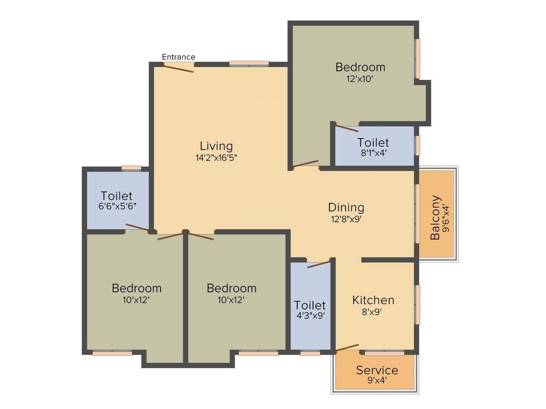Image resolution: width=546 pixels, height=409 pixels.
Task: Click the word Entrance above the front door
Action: (179, 57)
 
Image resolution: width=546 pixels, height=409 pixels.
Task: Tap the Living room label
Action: (216, 146)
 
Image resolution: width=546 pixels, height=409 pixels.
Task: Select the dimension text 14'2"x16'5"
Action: (216, 158)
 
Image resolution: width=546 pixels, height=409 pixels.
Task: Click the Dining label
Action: (346, 207)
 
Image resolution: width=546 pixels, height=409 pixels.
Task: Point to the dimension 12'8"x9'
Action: (346, 219)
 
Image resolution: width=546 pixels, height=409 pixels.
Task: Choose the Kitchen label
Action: (373, 300)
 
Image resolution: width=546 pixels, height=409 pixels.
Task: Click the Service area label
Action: (377, 370)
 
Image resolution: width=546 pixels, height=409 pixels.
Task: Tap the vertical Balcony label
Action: (436, 218)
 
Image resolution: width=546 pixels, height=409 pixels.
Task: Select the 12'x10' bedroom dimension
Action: (360, 79)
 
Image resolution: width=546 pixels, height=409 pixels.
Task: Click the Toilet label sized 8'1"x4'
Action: (373, 143)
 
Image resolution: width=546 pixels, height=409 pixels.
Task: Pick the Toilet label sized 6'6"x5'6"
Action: (117, 196)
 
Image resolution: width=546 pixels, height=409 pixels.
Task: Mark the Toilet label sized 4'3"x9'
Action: (310, 305)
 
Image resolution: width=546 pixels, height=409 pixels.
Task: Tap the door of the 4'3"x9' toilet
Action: (319, 264)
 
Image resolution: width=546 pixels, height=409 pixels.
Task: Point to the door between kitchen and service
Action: (347, 348)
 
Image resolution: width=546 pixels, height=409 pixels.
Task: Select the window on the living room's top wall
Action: (249, 64)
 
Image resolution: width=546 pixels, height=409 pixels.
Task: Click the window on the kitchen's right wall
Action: (417, 304)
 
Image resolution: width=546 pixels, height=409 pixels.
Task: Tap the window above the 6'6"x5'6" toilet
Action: (131, 169)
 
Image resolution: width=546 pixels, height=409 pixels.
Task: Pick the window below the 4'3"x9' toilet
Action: (310, 353)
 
